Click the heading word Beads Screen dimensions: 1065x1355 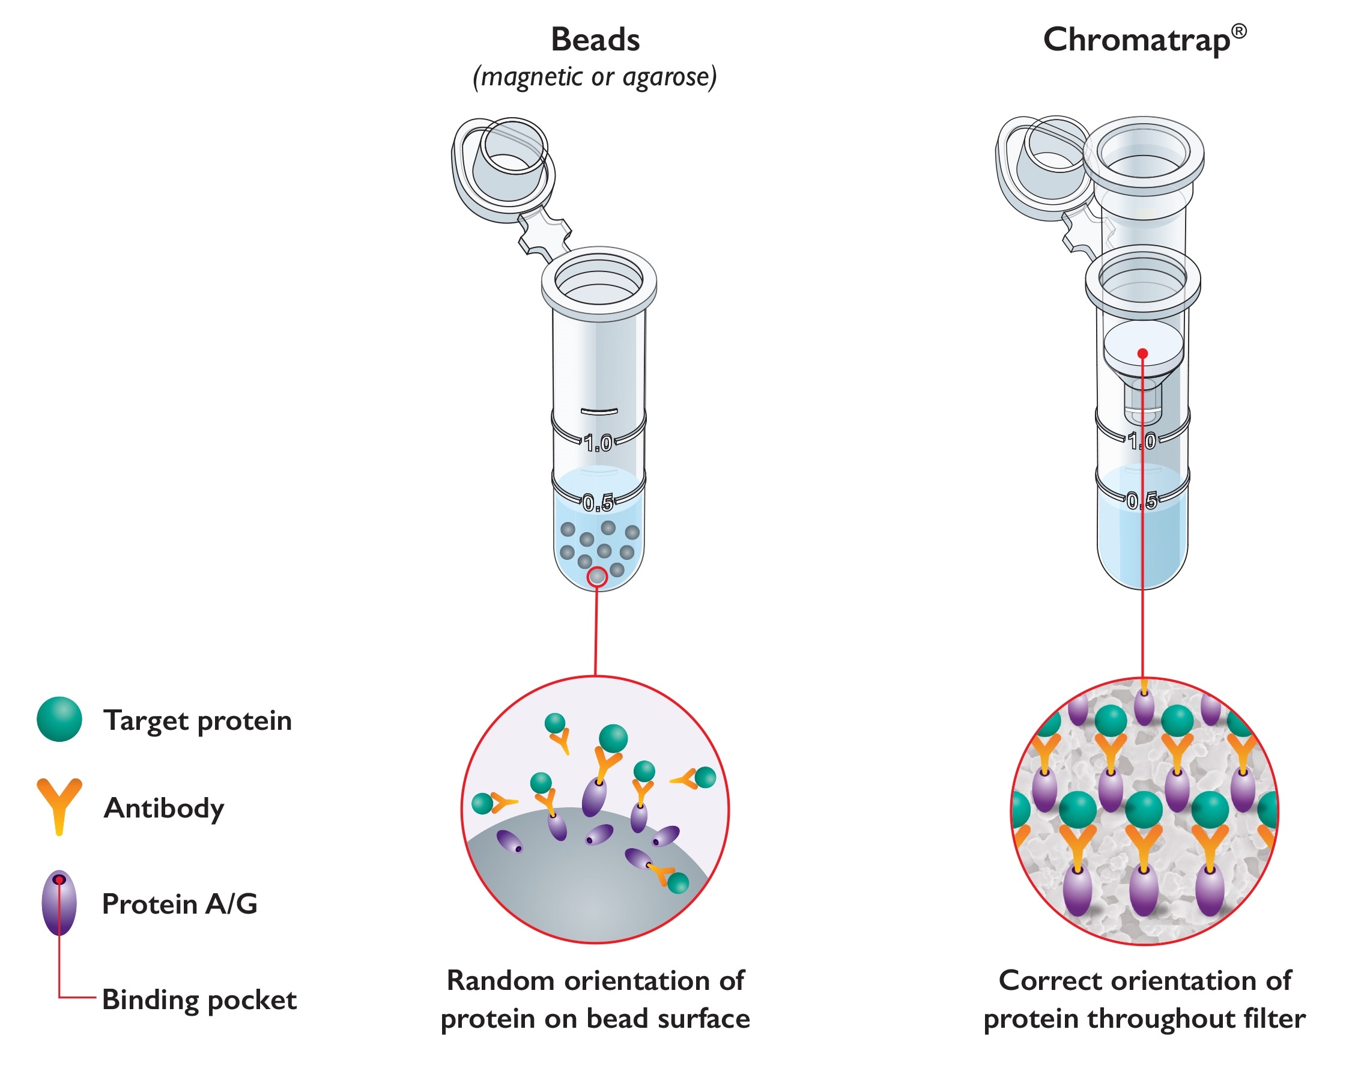tap(595, 40)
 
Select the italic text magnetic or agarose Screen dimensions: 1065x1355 tap(595, 77)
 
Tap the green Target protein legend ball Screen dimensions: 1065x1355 tap(59, 720)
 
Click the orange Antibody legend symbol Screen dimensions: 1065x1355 tap(59, 804)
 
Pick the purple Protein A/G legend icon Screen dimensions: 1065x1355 tap(59, 903)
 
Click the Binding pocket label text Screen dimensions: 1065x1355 tap(199, 1000)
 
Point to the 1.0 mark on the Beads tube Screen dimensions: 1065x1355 tap(598, 443)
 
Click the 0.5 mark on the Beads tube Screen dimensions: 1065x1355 tap(598, 503)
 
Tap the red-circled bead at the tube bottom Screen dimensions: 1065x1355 tap(598, 577)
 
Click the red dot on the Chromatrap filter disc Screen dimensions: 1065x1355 tap(1142, 354)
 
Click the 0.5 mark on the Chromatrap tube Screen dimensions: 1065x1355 tap(1142, 500)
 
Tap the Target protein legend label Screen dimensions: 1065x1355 tap(198, 721)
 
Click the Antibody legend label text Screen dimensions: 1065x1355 tap(164, 808)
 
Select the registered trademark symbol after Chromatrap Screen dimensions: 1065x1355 tap(1239, 31)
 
